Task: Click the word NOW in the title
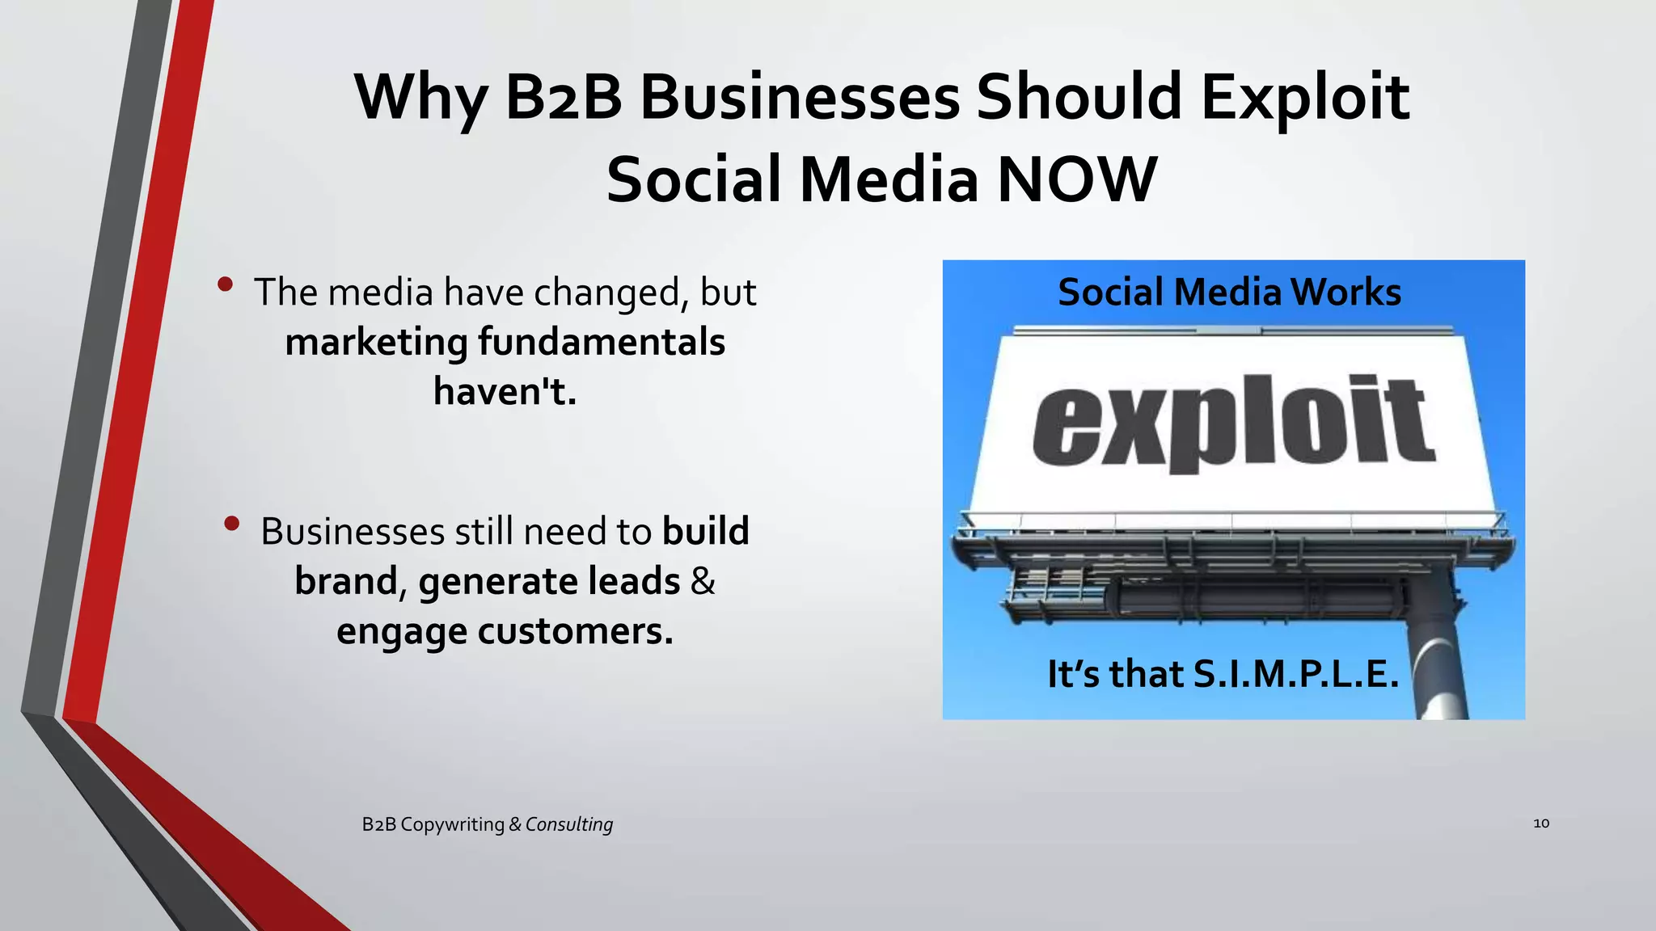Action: point(1076,179)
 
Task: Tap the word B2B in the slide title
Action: point(564,98)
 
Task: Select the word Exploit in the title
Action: point(1305,98)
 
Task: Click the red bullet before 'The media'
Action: point(226,284)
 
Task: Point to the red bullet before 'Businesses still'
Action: point(232,524)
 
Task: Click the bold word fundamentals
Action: point(602,342)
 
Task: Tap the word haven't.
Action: point(505,391)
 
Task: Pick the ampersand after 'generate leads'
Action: point(703,581)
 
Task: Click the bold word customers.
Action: point(575,631)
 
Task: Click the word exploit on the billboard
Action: point(1233,422)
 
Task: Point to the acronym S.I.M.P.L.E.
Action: point(1296,674)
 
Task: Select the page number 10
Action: point(1541,823)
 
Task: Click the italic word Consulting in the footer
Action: point(568,824)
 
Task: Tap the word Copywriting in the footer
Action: point(452,824)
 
